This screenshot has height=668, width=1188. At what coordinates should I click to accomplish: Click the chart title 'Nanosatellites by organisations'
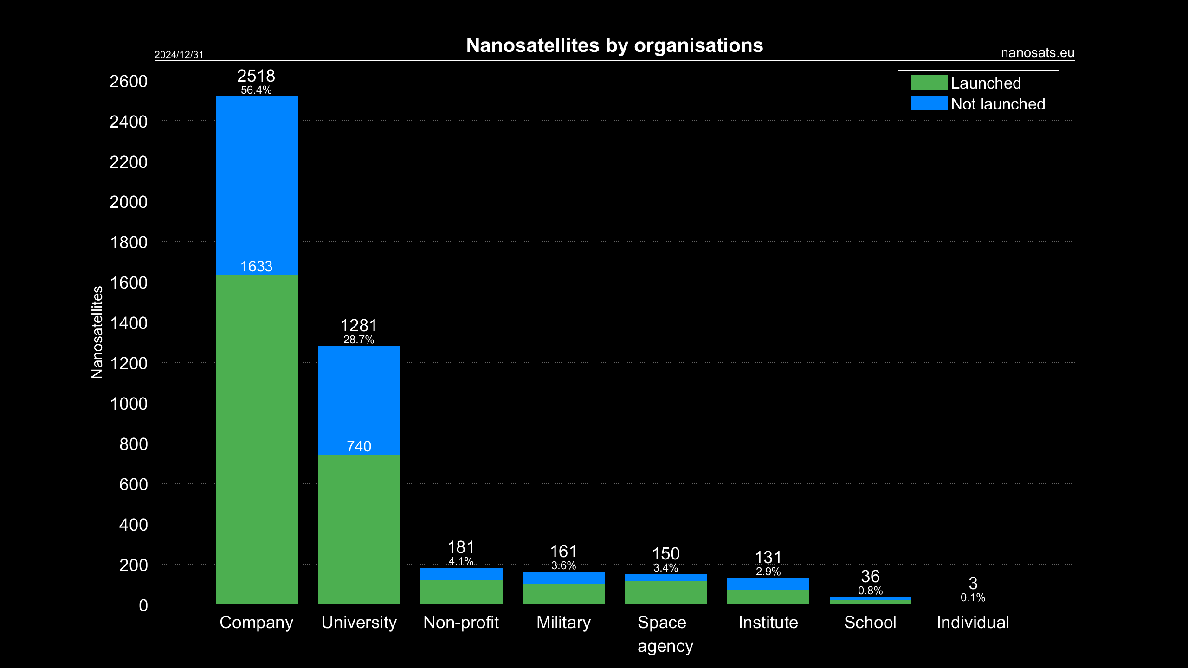click(614, 45)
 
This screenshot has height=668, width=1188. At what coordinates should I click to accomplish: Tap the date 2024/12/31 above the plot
click(179, 55)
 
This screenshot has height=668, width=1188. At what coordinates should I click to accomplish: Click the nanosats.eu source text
click(1037, 53)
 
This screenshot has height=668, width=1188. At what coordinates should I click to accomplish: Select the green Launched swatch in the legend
click(929, 83)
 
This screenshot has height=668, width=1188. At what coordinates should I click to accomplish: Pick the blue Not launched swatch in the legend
click(929, 103)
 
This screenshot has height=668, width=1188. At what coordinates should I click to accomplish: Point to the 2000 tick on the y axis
click(129, 202)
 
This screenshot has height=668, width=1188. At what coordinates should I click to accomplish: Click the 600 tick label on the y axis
click(133, 485)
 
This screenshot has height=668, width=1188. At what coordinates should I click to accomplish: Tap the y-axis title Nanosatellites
click(97, 332)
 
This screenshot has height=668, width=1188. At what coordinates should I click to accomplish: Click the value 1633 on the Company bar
click(257, 266)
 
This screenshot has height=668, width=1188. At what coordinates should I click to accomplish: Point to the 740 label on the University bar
click(359, 446)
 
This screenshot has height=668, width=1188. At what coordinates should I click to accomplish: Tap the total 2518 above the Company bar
click(256, 76)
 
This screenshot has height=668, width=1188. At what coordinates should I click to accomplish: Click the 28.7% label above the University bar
click(359, 340)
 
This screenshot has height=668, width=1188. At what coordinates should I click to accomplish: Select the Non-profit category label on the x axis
click(461, 623)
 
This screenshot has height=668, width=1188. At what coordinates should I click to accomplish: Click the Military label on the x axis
click(563, 623)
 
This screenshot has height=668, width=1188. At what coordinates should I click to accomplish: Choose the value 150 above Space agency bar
click(665, 554)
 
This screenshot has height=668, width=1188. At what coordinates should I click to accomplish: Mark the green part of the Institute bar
click(768, 597)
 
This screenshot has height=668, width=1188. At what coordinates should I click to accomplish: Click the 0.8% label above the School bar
click(870, 591)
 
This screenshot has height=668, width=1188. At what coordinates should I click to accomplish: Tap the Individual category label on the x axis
click(973, 623)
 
